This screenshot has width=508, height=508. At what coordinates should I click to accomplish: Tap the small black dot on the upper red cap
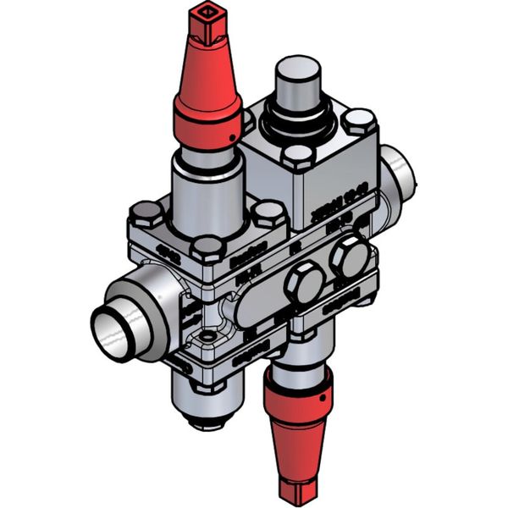(229, 135)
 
